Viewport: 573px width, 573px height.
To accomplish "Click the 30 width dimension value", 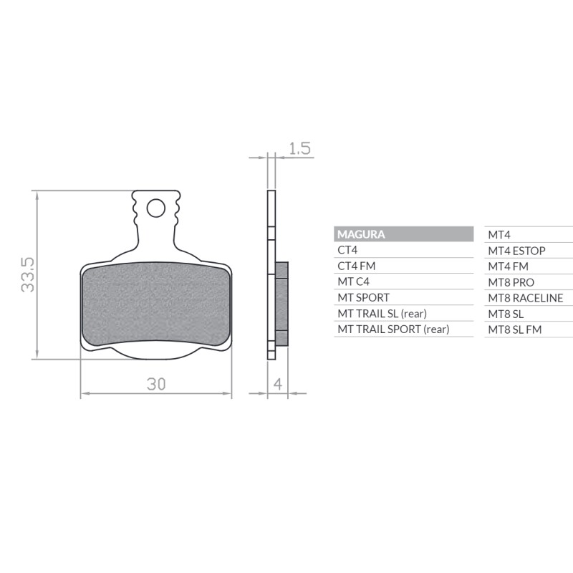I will [156, 384].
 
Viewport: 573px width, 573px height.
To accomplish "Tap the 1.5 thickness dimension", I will [299, 148].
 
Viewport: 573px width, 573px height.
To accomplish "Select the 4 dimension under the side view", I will [277, 384].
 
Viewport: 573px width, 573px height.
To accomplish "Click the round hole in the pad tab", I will [155, 208].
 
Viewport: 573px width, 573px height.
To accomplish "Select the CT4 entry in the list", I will [347, 250].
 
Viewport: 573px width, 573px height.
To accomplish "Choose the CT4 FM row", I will [356, 266].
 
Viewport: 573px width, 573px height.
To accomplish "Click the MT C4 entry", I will [353, 281].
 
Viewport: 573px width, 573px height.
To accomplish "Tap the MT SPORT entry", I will [363, 297].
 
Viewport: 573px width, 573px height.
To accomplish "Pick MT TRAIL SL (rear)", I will [382, 313].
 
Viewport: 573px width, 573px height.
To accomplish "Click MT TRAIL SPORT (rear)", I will [393, 329].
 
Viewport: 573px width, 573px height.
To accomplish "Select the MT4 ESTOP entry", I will [516, 250].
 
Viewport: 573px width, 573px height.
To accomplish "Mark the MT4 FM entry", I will [508, 266].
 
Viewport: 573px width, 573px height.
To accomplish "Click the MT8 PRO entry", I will [511, 282].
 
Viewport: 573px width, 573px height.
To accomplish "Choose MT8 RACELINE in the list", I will [525, 298].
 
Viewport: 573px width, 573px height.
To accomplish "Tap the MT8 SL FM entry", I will [514, 329].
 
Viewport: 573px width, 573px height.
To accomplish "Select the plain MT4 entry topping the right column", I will [499, 234].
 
